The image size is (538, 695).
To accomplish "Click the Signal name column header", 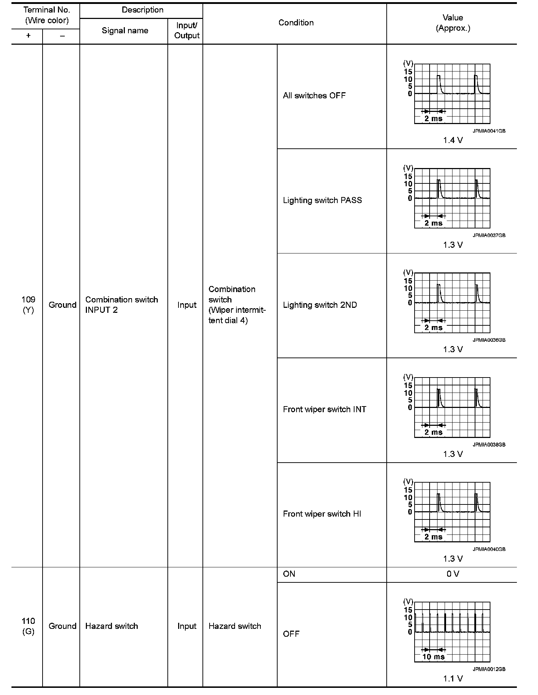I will [x=125, y=31].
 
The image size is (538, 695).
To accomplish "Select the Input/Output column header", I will [x=187, y=31].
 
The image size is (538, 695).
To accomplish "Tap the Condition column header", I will [x=296, y=23].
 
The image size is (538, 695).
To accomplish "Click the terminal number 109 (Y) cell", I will [x=28, y=305].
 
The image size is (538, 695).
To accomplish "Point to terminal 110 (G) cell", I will [x=28, y=626].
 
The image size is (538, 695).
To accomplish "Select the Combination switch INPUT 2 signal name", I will [x=122, y=305].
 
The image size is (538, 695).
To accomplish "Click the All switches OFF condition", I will [x=314, y=96].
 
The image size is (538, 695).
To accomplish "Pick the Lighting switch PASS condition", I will [x=322, y=200].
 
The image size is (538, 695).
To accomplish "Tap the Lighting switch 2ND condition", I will [x=320, y=305].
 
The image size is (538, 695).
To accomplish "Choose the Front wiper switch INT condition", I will [x=324, y=409].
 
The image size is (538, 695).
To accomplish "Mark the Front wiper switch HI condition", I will [x=322, y=514].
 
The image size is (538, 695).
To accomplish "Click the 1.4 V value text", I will [x=453, y=141].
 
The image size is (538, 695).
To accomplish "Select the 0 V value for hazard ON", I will [x=453, y=574].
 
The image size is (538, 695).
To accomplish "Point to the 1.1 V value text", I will [x=453, y=679].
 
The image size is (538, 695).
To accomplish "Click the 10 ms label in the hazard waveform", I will [x=433, y=657].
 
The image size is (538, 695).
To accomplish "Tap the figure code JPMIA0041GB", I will [x=489, y=131].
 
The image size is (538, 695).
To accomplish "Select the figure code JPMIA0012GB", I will [x=489, y=669].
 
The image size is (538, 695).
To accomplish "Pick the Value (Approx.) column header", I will [x=453, y=23].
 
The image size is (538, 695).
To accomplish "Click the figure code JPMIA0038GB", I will [x=489, y=445].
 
